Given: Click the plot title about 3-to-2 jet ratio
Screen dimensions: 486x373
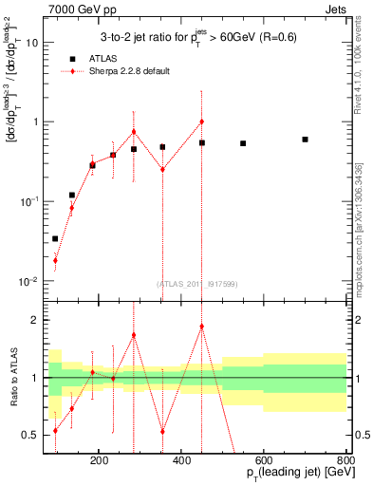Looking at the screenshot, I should (197, 37).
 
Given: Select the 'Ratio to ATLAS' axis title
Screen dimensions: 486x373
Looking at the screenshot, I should (13, 378).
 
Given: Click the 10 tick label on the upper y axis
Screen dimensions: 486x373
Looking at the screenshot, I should (31, 43).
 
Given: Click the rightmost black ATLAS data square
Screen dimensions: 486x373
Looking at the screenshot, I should (305, 140).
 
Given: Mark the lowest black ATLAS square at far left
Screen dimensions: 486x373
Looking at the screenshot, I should (55, 239).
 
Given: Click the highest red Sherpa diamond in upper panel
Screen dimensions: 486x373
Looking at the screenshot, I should (201, 121).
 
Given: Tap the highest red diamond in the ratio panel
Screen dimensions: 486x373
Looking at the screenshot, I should (201, 327).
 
